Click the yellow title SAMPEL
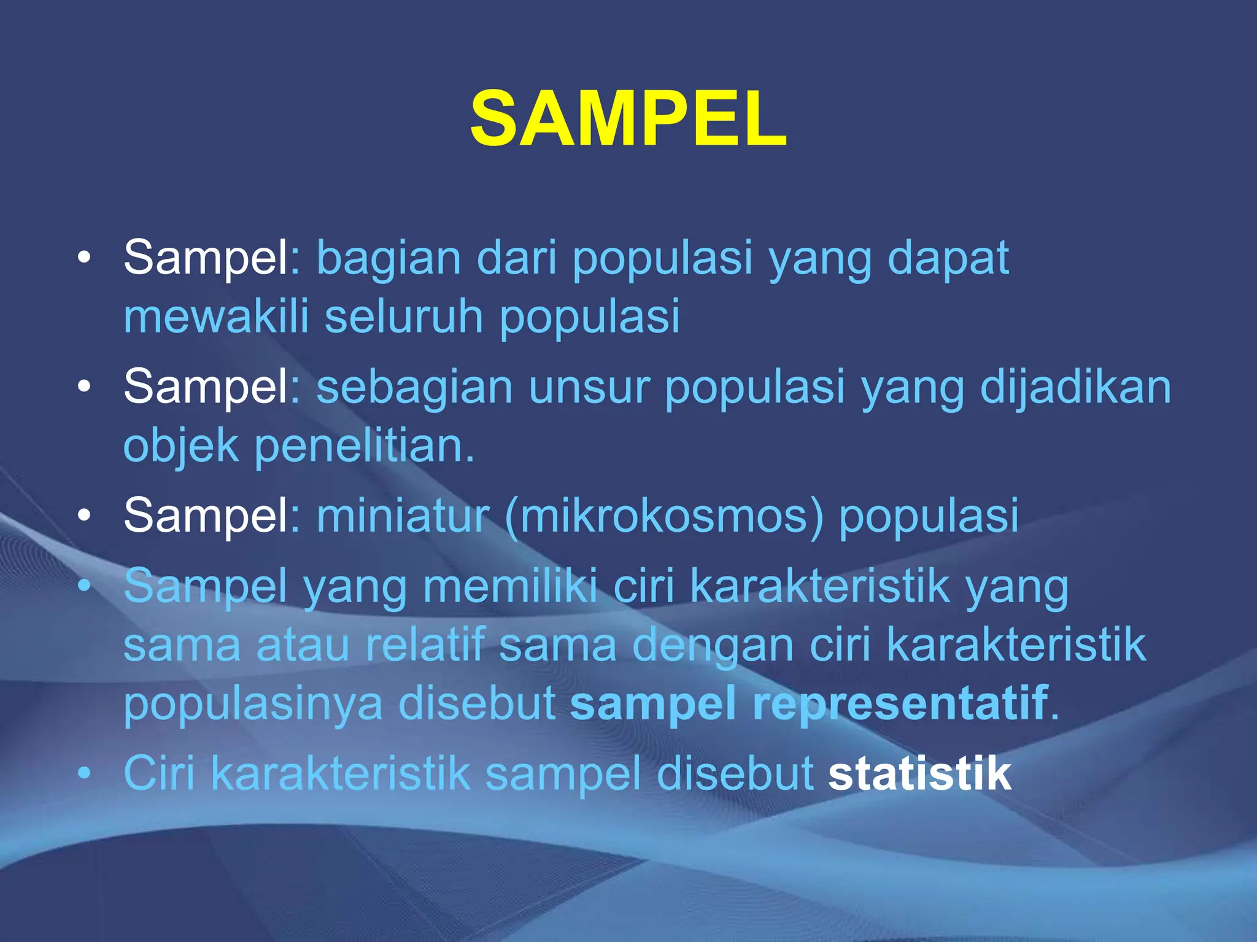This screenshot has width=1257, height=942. (x=628, y=119)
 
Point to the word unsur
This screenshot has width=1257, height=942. (x=589, y=388)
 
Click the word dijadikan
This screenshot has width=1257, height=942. (x=1075, y=388)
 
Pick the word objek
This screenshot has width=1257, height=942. (x=180, y=446)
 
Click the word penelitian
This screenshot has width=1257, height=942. (x=363, y=446)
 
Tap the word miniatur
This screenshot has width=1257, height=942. (x=403, y=515)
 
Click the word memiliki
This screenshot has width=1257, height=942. (x=510, y=586)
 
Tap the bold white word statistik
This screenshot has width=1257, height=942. (x=919, y=774)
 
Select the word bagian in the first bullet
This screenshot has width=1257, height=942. (x=388, y=259)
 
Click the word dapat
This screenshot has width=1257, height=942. (x=948, y=259)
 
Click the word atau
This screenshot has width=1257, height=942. (x=303, y=645)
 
